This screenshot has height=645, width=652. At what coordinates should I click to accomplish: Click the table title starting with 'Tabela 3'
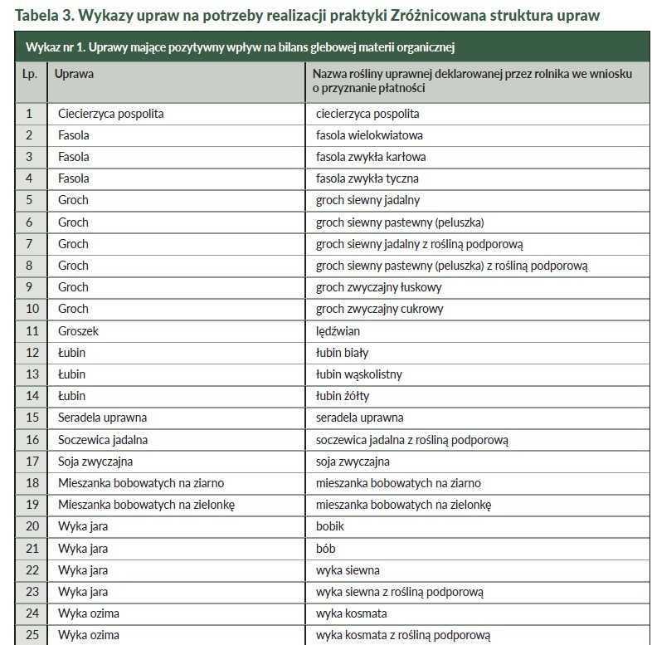pos(307,15)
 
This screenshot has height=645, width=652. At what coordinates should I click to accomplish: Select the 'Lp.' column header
pos(30,74)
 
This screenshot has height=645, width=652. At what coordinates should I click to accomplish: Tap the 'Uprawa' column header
pos(74,74)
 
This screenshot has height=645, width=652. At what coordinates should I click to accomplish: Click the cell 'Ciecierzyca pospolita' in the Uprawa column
pos(110,114)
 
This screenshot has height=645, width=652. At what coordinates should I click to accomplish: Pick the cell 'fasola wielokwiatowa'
pos(369,135)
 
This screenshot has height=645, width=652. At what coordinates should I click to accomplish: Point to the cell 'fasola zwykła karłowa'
pos(371,157)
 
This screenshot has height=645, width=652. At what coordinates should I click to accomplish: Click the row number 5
pos(30,200)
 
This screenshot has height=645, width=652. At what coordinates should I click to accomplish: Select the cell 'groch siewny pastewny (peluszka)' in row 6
pos(399,222)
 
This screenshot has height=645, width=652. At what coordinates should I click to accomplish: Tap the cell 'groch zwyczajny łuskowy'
pos(378,287)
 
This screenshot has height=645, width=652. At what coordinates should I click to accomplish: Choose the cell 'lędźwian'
pos(338,330)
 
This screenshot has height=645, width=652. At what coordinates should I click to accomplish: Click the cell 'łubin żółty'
pos(343,396)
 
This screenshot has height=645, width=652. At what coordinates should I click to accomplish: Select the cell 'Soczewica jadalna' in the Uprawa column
pos(103,439)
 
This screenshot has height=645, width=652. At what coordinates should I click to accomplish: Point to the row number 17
pos(32,461)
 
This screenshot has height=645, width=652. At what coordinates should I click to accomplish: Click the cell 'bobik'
pos(330,526)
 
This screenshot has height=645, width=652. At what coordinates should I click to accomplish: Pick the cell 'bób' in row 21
pos(326,548)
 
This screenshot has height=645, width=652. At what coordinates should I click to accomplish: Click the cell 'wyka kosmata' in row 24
pos(352,613)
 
